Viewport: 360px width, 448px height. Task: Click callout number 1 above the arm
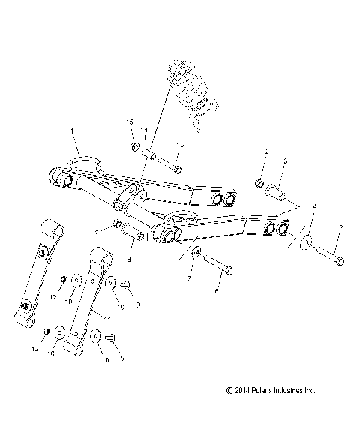(72, 132)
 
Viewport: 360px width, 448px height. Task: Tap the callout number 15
(129, 122)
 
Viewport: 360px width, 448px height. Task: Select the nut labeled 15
(133, 145)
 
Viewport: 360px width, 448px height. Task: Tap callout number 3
(284, 161)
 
